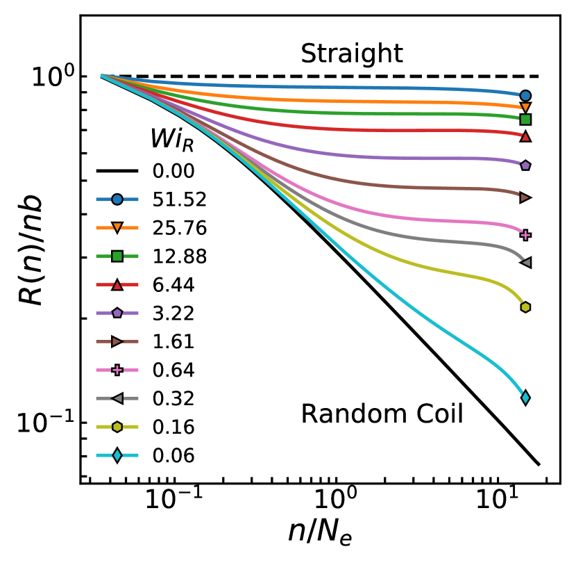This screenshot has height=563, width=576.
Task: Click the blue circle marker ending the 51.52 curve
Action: pyautogui.click(x=525, y=96)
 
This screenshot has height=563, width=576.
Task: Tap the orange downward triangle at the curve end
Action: pyautogui.click(x=525, y=108)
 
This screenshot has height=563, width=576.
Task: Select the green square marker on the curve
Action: pyautogui.click(x=525, y=120)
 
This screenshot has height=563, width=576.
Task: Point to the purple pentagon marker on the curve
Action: pyautogui.click(x=525, y=165)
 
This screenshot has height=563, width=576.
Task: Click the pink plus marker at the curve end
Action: pyautogui.click(x=525, y=235)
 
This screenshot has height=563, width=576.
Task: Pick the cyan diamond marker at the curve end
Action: pyautogui.click(x=525, y=398)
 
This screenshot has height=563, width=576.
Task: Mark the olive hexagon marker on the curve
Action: pyautogui.click(x=525, y=307)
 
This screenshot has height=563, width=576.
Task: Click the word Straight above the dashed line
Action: pyautogui.click(x=352, y=54)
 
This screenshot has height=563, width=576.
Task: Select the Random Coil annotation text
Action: pyautogui.click(x=382, y=415)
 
